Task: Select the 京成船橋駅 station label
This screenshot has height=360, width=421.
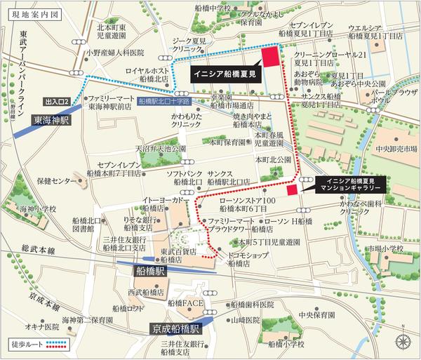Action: pyautogui.click(x=176, y=328)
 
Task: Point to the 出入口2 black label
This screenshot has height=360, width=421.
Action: pyautogui.click(x=57, y=102)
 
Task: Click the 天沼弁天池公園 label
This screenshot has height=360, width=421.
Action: pyautogui.click(x=161, y=149)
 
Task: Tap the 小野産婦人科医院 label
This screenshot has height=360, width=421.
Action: pyautogui.click(x=114, y=52)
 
